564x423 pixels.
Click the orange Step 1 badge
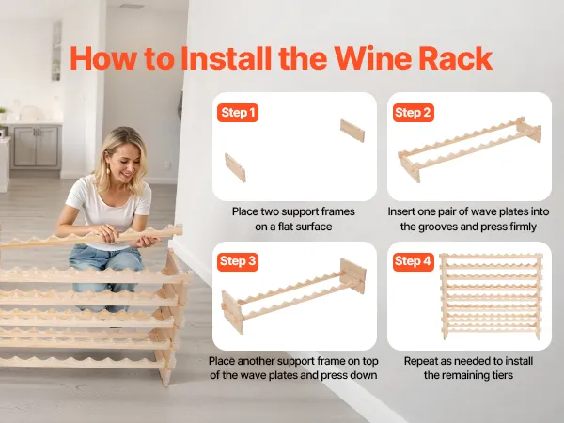[x=238, y=113]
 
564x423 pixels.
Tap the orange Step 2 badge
[x=413, y=113]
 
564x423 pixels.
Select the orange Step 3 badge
[x=238, y=261]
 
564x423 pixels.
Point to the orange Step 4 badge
[x=413, y=261]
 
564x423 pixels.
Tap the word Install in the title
[x=226, y=58]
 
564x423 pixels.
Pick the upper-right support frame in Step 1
[x=352, y=131]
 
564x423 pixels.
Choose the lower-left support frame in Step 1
[x=235, y=167]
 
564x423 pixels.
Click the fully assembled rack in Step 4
[x=491, y=296]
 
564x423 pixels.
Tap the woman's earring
[x=107, y=168]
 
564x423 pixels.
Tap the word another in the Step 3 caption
[x=256, y=361]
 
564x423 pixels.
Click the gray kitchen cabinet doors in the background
[x=36, y=146]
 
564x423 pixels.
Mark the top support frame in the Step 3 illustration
[x=352, y=275]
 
